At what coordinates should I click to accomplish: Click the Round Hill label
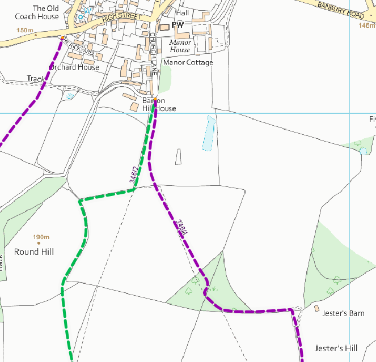(34, 252)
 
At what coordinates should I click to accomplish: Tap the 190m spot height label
(41, 237)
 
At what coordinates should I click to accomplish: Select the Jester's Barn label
(343, 313)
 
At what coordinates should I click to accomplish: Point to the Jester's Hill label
(336, 347)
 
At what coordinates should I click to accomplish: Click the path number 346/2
(134, 175)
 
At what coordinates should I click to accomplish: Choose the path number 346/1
(181, 229)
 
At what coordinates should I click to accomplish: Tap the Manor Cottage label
(188, 62)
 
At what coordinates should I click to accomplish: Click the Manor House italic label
(180, 46)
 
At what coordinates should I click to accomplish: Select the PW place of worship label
(178, 25)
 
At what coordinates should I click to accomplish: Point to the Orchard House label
(74, 67)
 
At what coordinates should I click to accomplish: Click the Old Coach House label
(37, 12)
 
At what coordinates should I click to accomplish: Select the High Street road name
(121, 17)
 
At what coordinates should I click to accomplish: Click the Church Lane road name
(153, 54)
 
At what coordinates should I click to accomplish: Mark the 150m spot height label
(25, 30)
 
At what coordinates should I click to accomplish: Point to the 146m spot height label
(367, 25)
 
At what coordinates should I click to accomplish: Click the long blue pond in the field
(209, 133)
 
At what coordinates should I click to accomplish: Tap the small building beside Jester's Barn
(316, 308)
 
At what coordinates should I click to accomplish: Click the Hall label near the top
(183, 12)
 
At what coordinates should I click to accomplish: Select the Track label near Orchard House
(35, 79)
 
